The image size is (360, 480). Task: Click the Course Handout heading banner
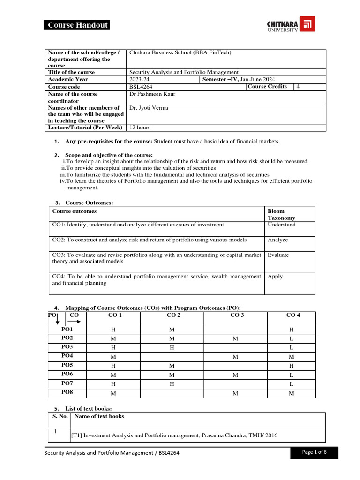[x=77, y=25]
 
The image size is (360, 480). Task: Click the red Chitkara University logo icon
[x=308, y=24]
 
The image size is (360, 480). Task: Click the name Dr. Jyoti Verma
[x=149, y=108]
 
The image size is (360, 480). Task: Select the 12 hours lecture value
[x=140, y=127]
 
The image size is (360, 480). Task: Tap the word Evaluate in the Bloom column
[x=278, y=255]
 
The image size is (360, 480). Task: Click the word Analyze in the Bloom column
[x=278, y=240]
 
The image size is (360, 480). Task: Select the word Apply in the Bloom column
[x=275, y=277]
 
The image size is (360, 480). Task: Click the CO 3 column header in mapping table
[x=237, y=315]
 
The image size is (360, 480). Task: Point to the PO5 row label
[x=67, y=365]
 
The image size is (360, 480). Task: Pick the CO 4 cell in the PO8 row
[x=291, y=393]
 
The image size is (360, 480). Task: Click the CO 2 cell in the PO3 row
[x=172, y=347]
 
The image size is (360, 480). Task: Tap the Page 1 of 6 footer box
[x=314, y=452]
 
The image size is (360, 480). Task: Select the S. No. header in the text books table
[x=60, y=416]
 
